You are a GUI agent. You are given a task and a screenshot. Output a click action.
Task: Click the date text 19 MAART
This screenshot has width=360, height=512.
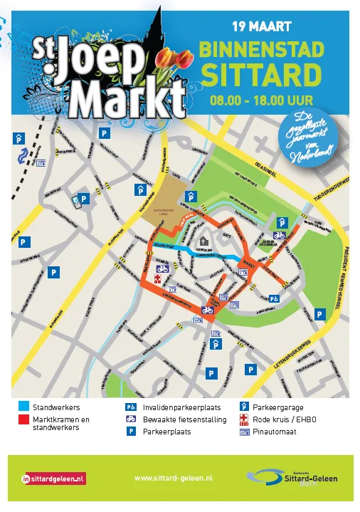click(x=261, y=27)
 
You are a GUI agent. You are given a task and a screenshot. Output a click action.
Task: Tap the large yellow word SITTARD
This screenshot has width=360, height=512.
click(x=260, y=75)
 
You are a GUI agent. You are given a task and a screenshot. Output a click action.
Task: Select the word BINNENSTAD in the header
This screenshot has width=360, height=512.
click(x=261, y=50)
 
